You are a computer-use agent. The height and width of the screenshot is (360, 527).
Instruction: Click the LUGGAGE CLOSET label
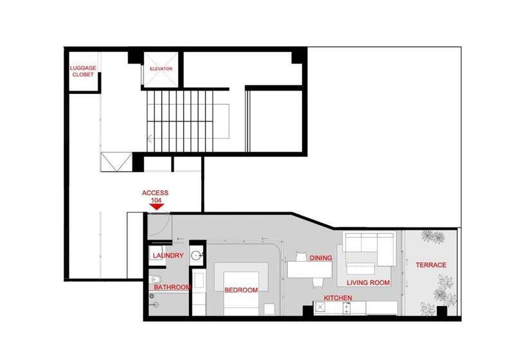pyautogui.click(x=83, y=71)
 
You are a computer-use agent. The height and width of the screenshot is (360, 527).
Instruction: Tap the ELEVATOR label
pyautogui.click(x=161, y=69)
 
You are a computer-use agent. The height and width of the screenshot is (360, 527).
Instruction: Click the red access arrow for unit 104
pyautogui.click(x=156, y=207)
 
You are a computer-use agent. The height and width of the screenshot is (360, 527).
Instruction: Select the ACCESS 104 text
pyautogui.click(x=156, y=196)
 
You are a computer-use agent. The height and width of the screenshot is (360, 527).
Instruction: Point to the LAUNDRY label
pyautogui.click(x=168, y=255)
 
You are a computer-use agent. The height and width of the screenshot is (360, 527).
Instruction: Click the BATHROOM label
pyautogui.click(x=172, y=287)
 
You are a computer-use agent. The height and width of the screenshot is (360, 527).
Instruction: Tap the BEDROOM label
pyautogui.click(x=241, y=290)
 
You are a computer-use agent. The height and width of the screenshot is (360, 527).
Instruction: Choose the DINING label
pyautogui.click(x=321, y=258)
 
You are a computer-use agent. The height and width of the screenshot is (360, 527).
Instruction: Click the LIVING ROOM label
pyautogui.click(x=368, y=283)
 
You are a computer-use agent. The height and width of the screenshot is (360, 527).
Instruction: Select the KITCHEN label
pyautogui.click(x=338, y=298)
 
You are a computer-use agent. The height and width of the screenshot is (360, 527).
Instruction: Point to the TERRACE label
pyautogui.click(x=431, y=265)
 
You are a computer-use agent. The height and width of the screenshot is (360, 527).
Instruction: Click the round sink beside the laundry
pyautogui.click(x=196, y=256)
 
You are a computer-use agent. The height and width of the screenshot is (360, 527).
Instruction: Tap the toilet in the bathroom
pyautogui.click(x=156, y=280)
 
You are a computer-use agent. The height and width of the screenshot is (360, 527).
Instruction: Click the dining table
pyautogui.click(x=310, y=269)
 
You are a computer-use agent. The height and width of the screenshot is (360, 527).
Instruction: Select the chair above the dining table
pyautogui.click(x=302, y=256)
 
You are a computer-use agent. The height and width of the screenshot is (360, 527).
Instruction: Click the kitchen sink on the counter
pyautogui.click(x=319, y=307)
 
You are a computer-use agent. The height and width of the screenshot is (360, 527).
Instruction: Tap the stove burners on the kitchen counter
pyautogui.click(x=346, y=308)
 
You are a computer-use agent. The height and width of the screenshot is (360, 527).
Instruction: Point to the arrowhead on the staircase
pyautogui.click(x=149, y=138)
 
